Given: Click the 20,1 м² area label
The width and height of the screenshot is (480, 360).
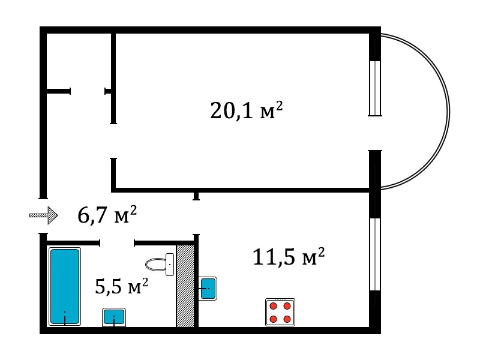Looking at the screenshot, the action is pos(247,110).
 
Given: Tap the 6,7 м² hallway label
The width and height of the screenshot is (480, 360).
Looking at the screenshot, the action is pos(107,215).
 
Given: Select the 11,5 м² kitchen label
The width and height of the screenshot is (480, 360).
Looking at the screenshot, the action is pos(289,257).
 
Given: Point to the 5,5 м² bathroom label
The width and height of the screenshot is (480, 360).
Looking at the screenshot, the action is pos(122,286).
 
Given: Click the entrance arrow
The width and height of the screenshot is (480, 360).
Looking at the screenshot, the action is pos(43,215).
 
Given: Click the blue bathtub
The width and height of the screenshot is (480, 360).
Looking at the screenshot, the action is pos(65,287).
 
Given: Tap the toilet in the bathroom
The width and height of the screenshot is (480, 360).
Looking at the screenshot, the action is pos(160,265).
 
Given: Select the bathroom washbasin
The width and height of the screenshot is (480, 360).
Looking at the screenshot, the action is pos(114,317).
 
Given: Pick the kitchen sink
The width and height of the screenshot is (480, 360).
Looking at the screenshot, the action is pos(208,289).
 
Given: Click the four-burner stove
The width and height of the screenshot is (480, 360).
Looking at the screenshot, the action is pos(280,312).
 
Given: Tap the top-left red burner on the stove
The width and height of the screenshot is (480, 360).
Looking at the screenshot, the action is pos(274,306).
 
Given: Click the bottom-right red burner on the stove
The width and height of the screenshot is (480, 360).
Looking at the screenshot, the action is pos(287,319).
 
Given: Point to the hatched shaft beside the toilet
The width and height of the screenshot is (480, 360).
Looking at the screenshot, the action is pos(185,286).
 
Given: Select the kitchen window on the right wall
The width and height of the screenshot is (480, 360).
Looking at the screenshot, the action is pos(375,254).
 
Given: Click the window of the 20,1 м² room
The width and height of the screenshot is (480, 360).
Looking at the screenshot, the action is pos(375,88).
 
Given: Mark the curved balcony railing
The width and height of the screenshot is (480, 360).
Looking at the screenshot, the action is pos(449,112).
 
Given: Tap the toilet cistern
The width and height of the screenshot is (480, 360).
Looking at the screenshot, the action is pos(170,265).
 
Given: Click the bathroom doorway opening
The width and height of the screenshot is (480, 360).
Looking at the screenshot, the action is pos(117,243).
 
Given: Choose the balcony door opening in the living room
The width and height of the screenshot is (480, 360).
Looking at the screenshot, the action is pos(375,133).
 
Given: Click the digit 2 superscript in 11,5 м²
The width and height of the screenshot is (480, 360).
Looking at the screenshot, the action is pos(321,253).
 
